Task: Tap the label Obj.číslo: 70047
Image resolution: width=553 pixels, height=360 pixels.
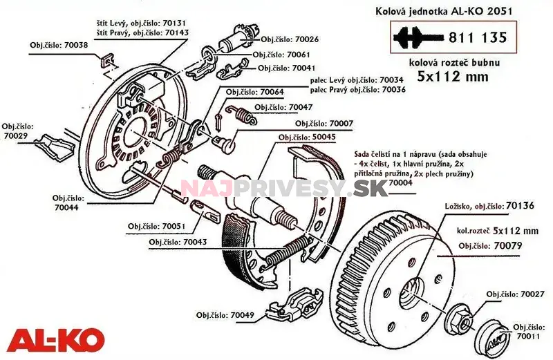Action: (283, 107)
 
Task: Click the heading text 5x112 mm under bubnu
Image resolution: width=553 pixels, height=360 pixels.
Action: (452, 77)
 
